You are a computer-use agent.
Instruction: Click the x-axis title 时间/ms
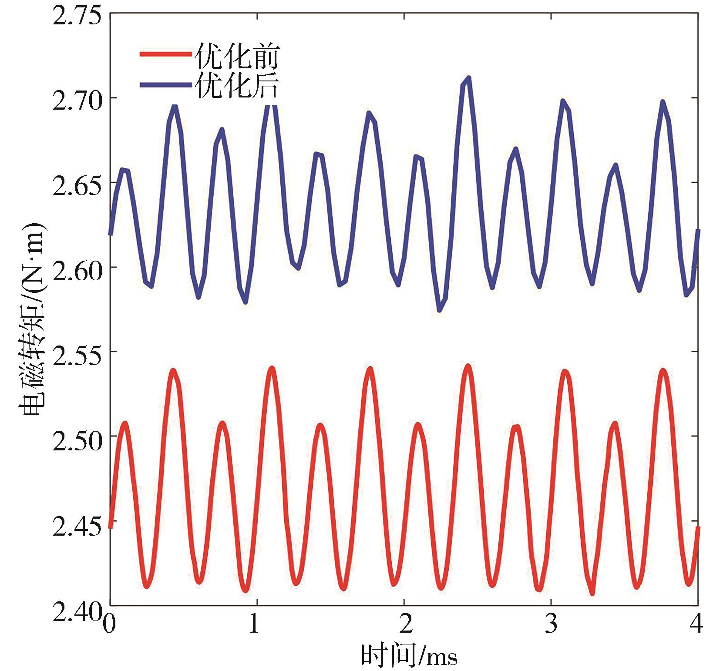409,655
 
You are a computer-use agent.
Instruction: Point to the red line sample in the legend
165,54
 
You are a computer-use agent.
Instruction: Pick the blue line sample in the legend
165,84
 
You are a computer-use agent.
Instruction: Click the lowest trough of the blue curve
440,309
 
